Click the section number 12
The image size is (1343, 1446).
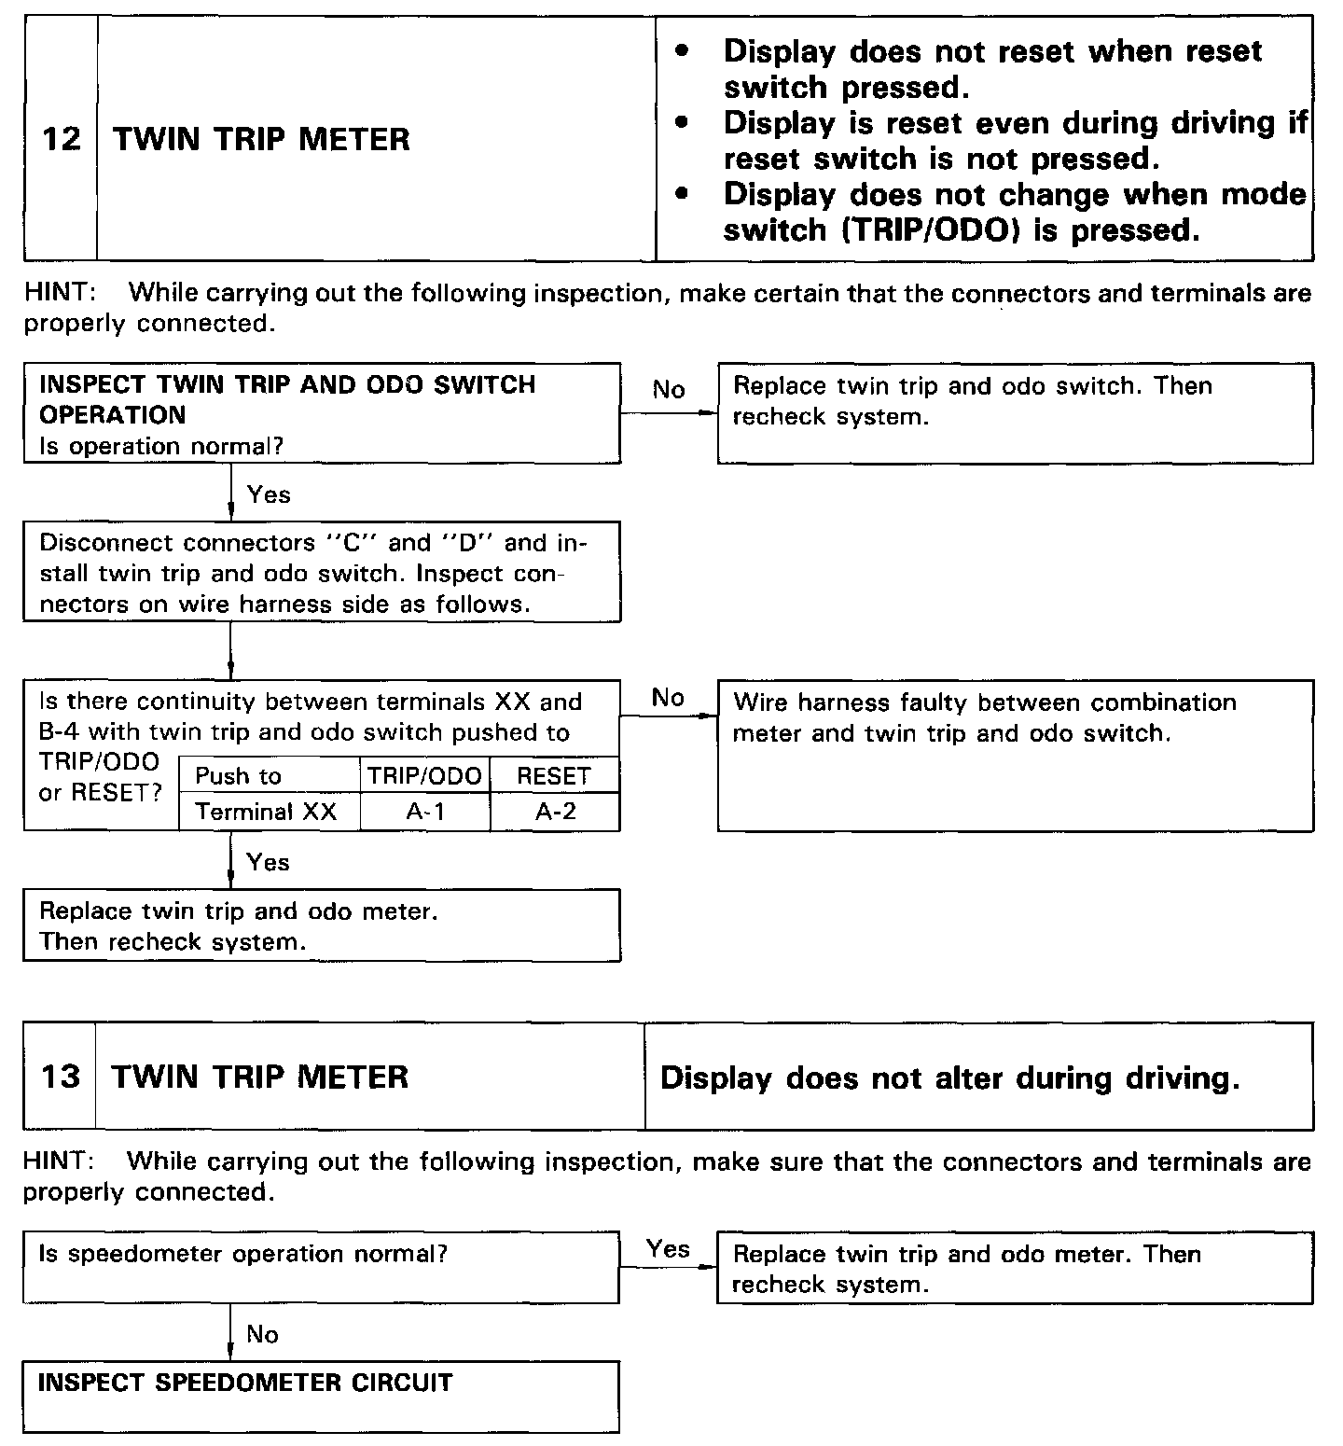click(61, 140)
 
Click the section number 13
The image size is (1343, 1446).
click(61, 1077)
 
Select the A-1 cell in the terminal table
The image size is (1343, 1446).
click(425, 812)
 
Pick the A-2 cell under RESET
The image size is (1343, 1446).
click(555, 812)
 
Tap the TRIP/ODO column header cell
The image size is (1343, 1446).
click(425, 776)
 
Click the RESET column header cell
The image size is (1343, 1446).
click(554, 776)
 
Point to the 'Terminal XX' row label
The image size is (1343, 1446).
click(267, 812)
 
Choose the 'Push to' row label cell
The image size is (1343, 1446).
click(239, 776)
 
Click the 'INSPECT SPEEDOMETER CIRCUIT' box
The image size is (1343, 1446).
click(321, 1396)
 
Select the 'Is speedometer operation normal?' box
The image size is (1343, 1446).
click(321, 1267)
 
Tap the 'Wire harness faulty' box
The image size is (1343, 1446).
click(1015, 756)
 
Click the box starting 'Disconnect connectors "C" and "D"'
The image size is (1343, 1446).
click(321, 572)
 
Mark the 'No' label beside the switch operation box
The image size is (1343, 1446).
click(669, 389)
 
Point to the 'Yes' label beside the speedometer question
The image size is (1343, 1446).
click(668, 1249)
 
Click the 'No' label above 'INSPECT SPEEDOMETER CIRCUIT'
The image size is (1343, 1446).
click(262, 1334)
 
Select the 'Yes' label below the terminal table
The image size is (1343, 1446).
click(269, 862)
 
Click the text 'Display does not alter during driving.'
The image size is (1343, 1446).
click(949, 1078)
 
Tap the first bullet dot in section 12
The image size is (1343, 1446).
click(684, 51)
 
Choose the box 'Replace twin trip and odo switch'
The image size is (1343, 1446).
click(1015, 413)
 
